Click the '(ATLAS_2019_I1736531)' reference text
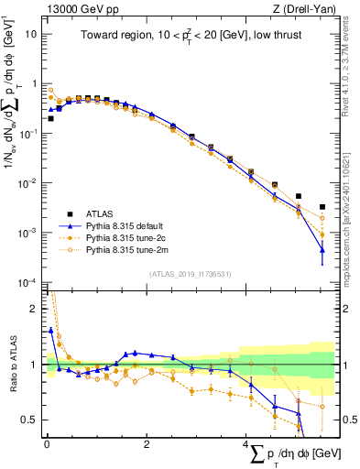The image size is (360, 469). coord(191,273)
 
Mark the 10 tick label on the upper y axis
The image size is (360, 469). coord(31,34)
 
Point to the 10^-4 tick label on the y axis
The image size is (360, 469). coord(27,282)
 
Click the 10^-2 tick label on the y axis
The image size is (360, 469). coord(27,183)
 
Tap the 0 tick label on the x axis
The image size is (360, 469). coord(47,444)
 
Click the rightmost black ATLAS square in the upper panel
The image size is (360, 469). coord(322,207)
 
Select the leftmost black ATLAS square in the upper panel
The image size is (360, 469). coord(50,118)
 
